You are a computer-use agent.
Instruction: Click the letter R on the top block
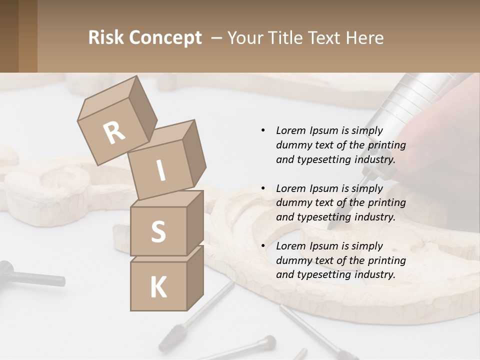(x=114, y=133)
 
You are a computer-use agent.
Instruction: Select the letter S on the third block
(x=158, y=232)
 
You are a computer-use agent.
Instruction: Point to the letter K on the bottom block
(x=158, y=287)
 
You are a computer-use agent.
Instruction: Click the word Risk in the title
(x=106, y=38)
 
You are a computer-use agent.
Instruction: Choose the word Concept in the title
(x=165, y=38)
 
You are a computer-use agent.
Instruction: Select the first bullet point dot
(x=263, y=131)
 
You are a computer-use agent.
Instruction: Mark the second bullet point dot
(x=263, y=188)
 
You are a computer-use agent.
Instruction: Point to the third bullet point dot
(x=263, y=246)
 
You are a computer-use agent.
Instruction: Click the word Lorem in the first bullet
(x=291, y=131)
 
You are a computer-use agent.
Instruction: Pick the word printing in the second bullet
(x=386, y=203)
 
